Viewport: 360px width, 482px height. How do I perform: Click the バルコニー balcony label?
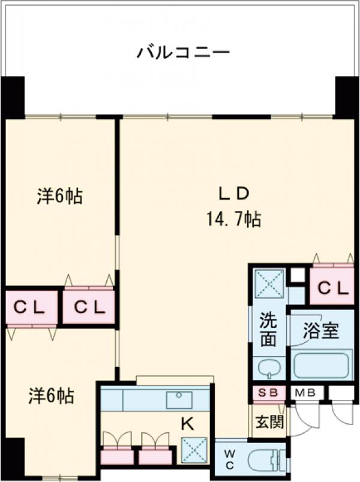coord(183,52)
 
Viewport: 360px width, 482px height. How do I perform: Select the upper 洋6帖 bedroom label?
coord(59,196)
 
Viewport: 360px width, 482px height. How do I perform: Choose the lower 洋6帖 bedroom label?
coord(52,396)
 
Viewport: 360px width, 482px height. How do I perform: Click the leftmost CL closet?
coord(30,307)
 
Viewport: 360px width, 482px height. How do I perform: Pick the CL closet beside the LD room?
coord(332,288)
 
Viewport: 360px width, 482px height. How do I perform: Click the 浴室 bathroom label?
coord(321,331)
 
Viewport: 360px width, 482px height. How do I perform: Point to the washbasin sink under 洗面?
coord(268,367)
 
